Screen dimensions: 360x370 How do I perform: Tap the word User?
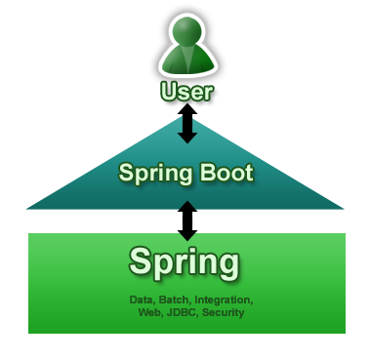[x=185, y=94]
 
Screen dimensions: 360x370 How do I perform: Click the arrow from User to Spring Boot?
[x=186, y=127]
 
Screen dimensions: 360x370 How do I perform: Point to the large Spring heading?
[x=185, y=262]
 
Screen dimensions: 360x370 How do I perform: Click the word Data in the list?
[x=142, y=299]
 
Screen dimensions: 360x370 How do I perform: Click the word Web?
[x=149, y=312]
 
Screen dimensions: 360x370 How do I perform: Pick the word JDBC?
[x=181, y=312]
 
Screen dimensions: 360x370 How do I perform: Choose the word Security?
[x=223, y=312]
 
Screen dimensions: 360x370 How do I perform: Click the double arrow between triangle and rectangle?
[x=186, y=220]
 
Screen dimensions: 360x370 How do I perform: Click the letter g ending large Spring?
[x=227, y=265]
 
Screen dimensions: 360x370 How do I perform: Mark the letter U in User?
[x=168, y=94]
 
